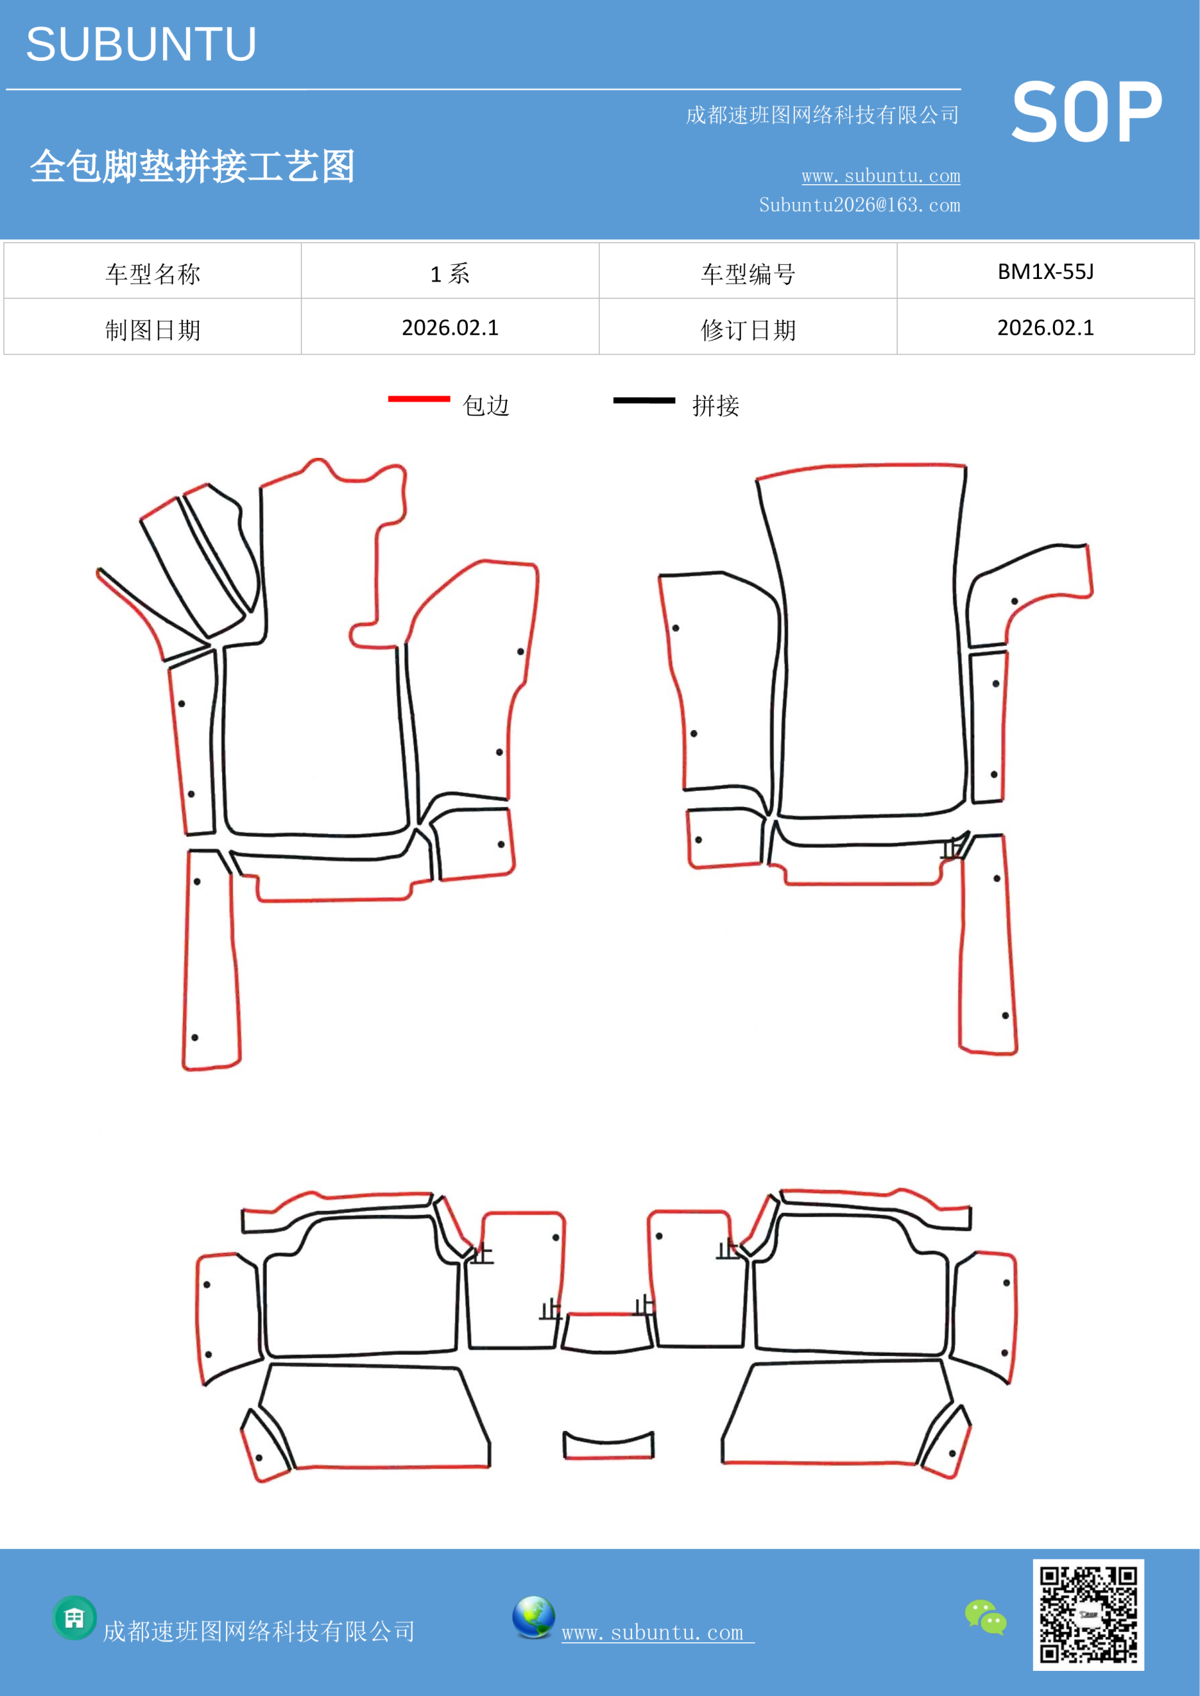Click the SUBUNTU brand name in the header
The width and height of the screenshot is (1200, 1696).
(x=141, y=44)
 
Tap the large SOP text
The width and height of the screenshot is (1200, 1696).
(x=1086, y=113)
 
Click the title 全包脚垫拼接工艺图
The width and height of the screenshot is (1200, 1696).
(x=192, y=166)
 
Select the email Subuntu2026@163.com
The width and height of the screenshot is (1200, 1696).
(x=859, y=205)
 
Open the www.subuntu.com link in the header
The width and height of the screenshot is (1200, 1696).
(x=881, y=176)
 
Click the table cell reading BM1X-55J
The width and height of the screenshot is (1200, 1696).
(x=1046, y=271)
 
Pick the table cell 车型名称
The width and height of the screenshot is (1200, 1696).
(x=152, y=271)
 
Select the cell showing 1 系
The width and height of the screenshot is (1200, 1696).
(x=450, y=271)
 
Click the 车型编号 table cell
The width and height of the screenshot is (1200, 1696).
(x=748, y=271)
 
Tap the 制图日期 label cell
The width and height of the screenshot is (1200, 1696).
(x=152, y=327)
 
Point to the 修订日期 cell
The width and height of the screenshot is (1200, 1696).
(x=748, y=327)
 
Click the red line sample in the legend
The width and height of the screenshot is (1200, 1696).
(x=419, y=399)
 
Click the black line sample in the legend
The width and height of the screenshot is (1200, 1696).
(x=643, y=400)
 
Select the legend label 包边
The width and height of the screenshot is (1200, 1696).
(x=486, y=405)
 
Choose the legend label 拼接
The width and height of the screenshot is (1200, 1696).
(x=715, y=405)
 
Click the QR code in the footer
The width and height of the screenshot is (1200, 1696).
(x=1089, y=1615)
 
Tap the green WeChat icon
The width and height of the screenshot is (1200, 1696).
(x=986, y=1617)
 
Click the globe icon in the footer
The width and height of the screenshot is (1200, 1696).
(x=533, y=1617)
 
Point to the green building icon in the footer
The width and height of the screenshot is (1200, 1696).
(x=75, y=1618)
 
